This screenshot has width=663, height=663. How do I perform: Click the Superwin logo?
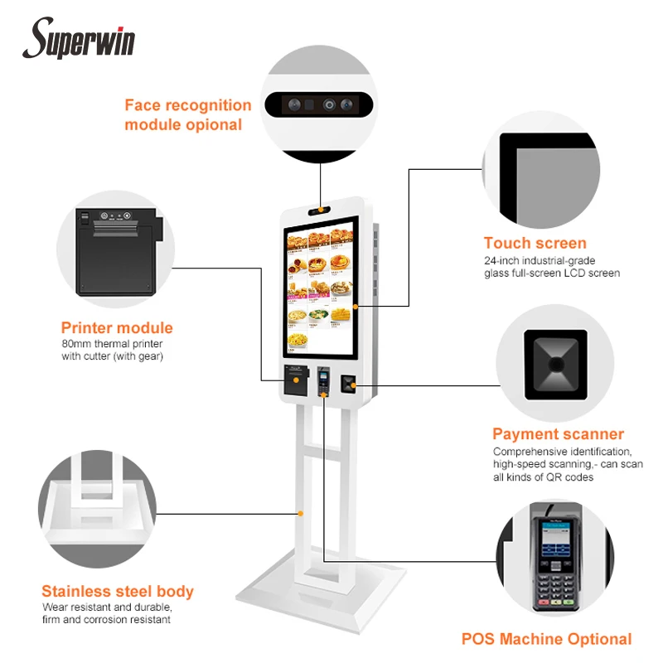pyautogui.click(x=83, y=39)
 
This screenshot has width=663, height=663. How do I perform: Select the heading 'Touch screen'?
pyautogui.click(x=535, y=243)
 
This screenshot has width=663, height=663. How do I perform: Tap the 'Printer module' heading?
pyautogui.click(x=117, y=327)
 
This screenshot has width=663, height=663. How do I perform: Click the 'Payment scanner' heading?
pyautogui.click(x=558, y=433)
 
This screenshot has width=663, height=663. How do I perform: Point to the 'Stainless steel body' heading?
pyautogui.click(x=118, y=591)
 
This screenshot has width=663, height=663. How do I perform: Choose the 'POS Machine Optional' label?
pyautogui.click(x=546, y=638)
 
